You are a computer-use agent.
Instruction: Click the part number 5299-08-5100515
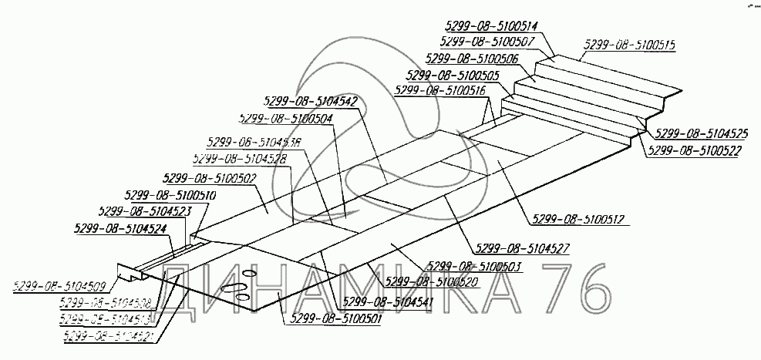pyautogui.click(x=629, y=45)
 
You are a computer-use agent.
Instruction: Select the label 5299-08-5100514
pyautogui.click(x=491, y=25)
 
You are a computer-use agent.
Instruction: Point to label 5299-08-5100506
pyautogui.click(x=470, y=59)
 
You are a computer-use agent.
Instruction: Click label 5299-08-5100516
pyautogui.click(x=439, y=90)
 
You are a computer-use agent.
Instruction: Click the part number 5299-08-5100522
pyautogui.click(x=695, y=150)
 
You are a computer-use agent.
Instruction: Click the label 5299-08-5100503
pyautogui.click(x=472, y=266)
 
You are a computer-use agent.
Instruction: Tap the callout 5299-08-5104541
pyautogui.click(x=389, y=301)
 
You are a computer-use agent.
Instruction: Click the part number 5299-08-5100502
pyautogui.click(x=210, y=178)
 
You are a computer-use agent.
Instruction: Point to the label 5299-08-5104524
pyautogui.click(x=120, y=228)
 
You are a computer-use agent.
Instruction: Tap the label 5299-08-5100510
pyautogui.click(x=170, y=196)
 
